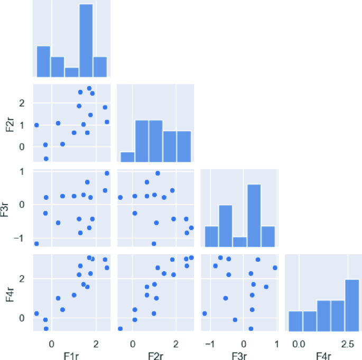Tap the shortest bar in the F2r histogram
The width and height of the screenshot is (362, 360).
point(127,156)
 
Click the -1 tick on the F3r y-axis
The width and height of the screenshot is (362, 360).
point(24,237)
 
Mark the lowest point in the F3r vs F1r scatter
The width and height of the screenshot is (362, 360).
point(36,244)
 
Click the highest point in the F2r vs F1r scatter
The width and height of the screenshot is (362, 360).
point(89,88)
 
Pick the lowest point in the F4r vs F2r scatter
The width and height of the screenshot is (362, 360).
point(120,328)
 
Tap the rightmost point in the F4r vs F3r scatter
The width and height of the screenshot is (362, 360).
point(275,267)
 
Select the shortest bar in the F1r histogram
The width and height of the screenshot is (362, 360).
point(72,72)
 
